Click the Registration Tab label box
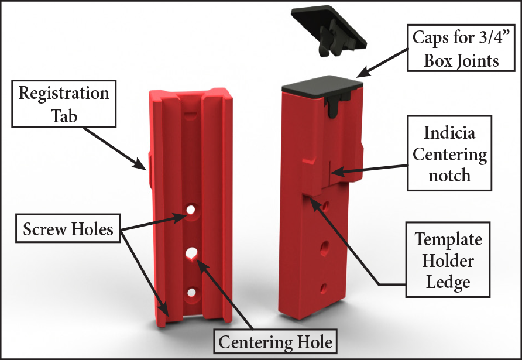(x=64, y=105)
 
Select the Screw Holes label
(x=68, y=229)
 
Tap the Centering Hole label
(x=276, y=341)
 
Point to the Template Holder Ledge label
(x=448, y=260)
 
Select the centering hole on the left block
(x=191, y=253)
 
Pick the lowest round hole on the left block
(x=191, y=292)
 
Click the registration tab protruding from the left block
(x=149, y=169)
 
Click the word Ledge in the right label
(x=448, y=282)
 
